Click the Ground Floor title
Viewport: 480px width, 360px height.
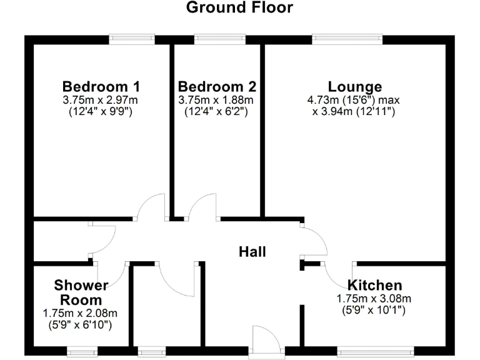coord(239,8)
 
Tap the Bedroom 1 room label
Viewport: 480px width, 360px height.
coord(101,86)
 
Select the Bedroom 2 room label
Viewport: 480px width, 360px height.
coord(217,86)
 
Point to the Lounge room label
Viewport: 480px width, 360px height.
coord(355,86)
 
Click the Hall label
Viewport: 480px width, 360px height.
coord(252,252)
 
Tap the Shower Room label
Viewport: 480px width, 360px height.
coord(81,292)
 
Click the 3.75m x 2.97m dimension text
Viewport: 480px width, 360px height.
coord(101,100)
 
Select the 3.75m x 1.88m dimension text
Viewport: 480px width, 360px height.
coord(217,100)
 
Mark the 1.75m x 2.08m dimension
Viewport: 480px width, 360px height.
coord(81,313)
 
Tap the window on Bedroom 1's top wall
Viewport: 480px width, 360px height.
coord(132,39)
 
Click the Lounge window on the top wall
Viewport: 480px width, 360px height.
coord(347,39)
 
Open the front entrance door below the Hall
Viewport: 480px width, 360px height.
coord(267,341)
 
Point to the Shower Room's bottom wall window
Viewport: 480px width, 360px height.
coord(83,352)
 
